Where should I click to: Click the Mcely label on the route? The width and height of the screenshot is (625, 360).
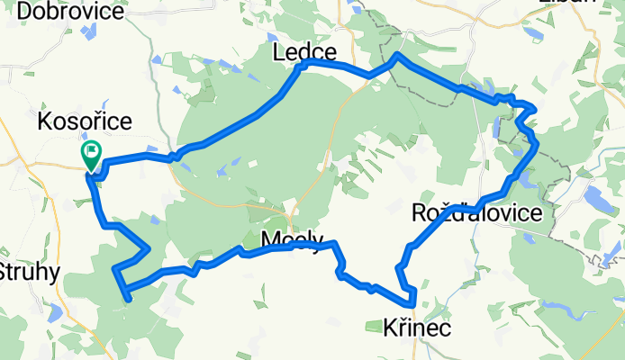click(291, 240)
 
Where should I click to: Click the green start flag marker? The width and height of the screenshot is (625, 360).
click(91, 153)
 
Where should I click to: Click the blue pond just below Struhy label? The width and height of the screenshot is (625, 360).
click(56, 311)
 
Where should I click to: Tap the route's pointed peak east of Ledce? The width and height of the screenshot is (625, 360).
click(397, 56)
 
